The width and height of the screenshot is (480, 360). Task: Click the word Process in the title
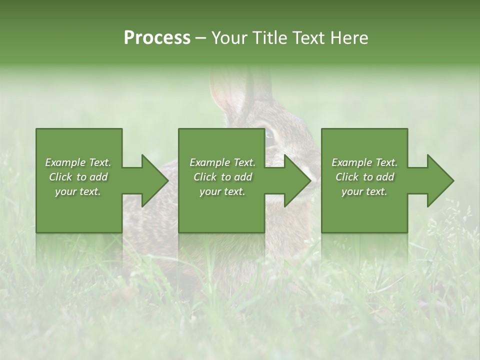tap(157, 38)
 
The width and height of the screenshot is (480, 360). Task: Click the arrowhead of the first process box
tap(152, 180)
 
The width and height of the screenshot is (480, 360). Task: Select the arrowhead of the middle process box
tap(294, 180)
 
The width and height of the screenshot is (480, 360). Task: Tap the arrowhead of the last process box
tap(437, 180)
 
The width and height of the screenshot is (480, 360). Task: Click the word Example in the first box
tap(65, 162)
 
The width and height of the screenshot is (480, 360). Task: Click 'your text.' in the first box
tap(78, 191)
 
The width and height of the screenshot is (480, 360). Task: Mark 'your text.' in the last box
tap(364, 191)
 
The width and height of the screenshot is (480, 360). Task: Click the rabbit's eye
tap(268, 134)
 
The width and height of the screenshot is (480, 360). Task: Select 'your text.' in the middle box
tap(222, 191)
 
